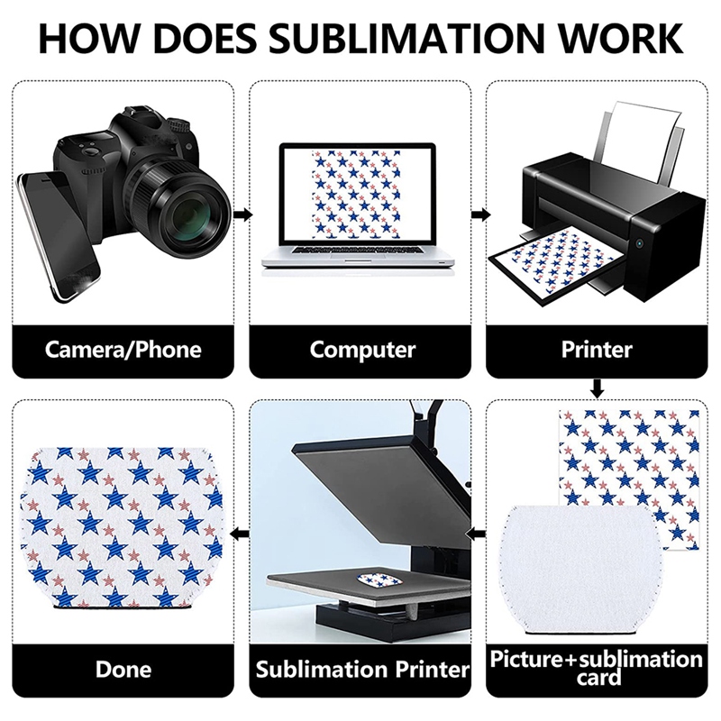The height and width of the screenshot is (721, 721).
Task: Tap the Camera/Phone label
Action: pos(123,349)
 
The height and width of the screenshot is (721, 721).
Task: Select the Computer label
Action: pos(362,349)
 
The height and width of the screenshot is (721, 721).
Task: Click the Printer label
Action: pos(596,349)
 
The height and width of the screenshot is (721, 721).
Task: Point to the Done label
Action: pos(123,670)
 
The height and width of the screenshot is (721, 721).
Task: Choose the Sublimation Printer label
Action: pos(362,670)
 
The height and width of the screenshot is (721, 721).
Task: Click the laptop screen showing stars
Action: pos(359,199)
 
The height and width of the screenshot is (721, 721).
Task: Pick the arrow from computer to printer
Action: pos(481,214)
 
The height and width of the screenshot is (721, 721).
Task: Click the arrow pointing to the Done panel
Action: pos(242,534)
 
